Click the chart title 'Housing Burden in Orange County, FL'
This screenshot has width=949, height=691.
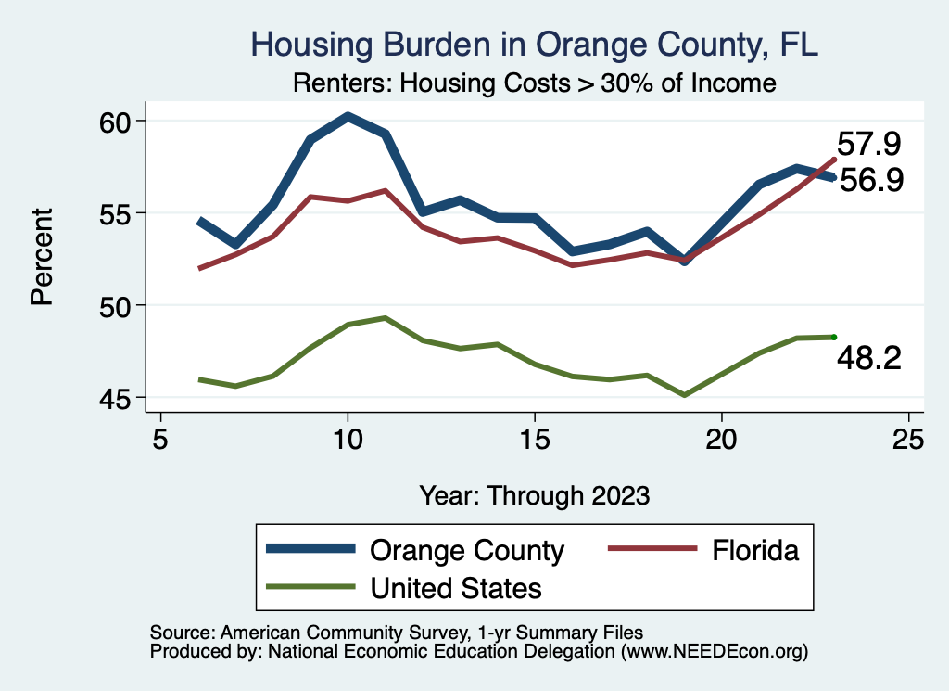click(x=535, y=45)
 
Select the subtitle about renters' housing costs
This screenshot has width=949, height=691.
click(x=534, y=83)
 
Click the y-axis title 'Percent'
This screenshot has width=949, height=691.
click(x=41, y=259)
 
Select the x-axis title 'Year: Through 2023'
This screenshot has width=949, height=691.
click(x=534, y=494)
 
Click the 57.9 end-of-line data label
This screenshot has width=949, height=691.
click(x=869, y=144)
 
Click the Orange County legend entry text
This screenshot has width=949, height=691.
click(x=467, y=550)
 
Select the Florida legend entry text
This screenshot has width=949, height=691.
click(x=755, y=550)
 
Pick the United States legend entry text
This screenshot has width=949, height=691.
click(x=456, y=587)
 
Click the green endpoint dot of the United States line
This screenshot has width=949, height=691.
click(x=834, y=337)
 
